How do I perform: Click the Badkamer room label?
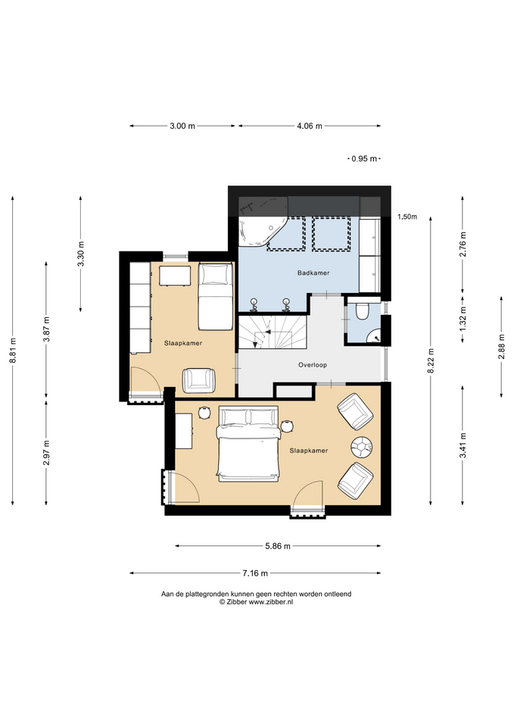313,273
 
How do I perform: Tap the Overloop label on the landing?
313,365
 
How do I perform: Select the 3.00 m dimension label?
182,126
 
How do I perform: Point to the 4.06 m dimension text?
309,126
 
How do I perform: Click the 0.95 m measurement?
364,158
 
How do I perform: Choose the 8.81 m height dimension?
13,350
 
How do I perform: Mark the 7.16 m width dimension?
255,573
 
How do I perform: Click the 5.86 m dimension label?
278,546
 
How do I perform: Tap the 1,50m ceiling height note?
407,217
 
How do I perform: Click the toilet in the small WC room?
362,310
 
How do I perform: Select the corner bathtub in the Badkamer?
261,232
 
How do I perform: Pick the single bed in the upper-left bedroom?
216,296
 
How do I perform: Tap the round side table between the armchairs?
362,447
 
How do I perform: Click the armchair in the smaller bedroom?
199,380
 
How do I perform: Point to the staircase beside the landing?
273,332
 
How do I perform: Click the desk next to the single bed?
175,276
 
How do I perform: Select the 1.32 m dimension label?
463,319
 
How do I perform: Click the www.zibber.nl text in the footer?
271,602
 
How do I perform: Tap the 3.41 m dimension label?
463,445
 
